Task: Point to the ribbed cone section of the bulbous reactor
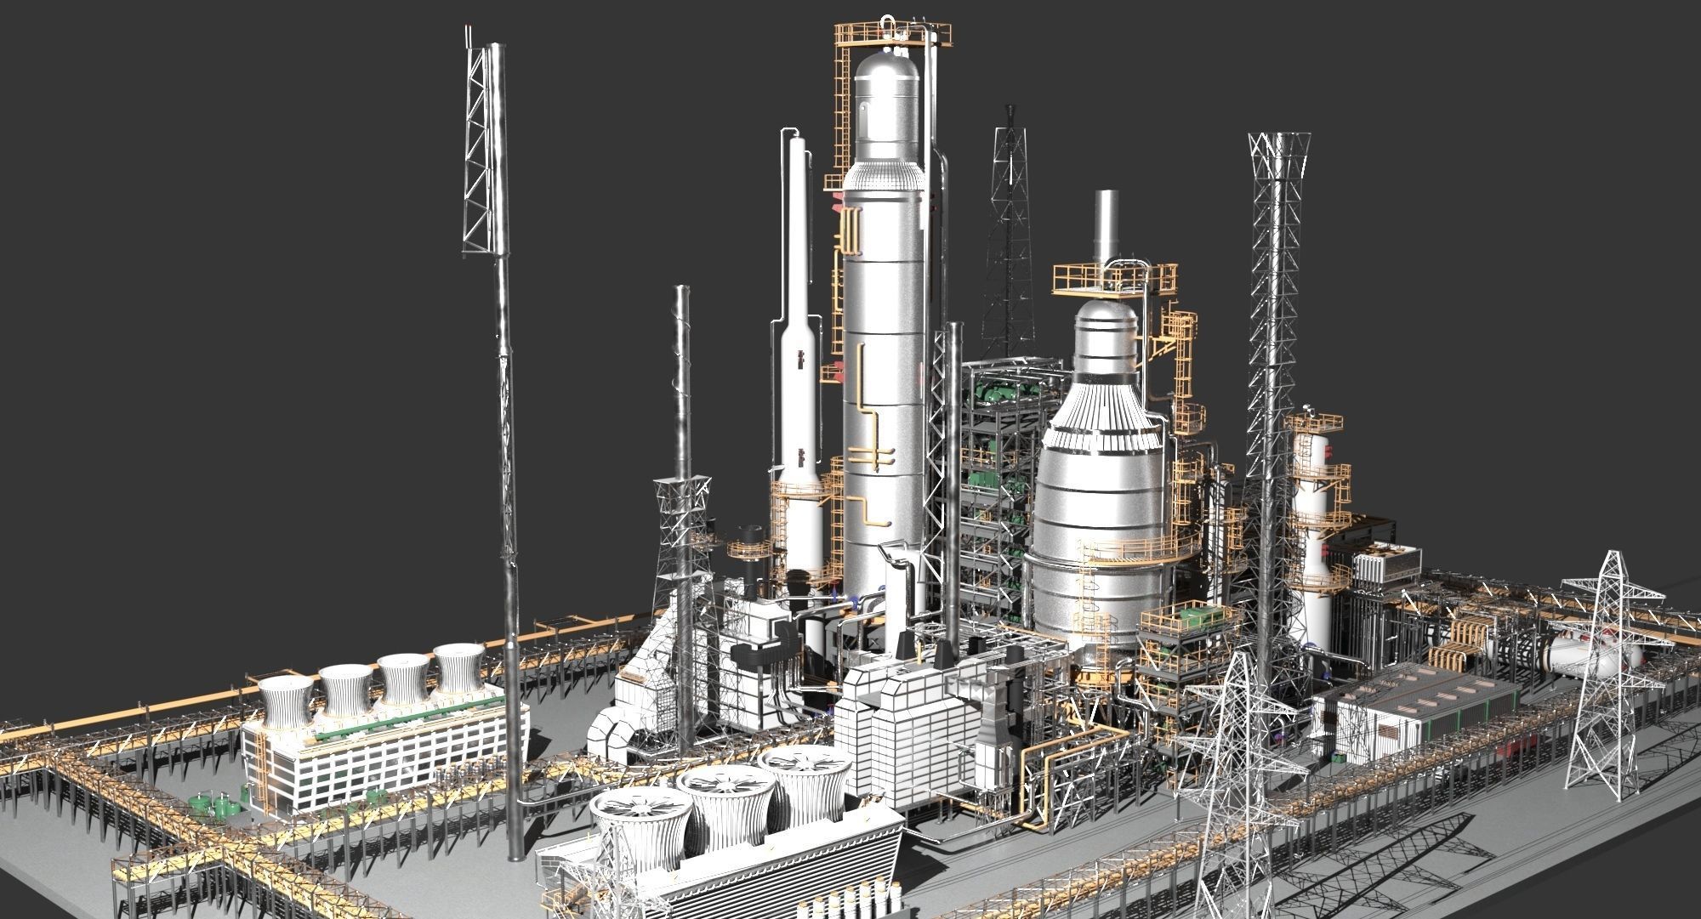pyautogui.click(x=1101, y=408)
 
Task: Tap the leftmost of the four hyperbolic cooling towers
pyautogui.click(x=285, y=701)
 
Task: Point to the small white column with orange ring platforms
pyautogui.click(x=1314, y=510)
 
